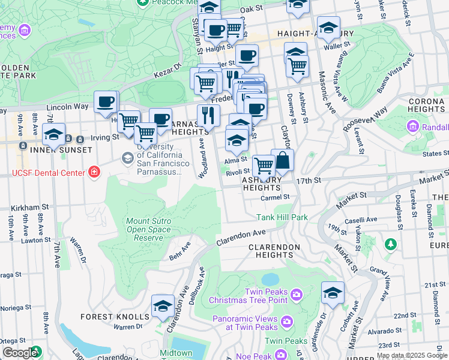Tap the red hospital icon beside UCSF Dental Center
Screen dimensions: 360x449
[93, 173]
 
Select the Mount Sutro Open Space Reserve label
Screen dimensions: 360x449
[148, 229]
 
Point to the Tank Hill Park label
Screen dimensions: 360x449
[282, 217]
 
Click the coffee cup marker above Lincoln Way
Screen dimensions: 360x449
[106, 103]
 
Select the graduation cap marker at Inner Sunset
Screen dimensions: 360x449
[53, 135]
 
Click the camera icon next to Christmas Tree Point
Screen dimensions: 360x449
[295, 294]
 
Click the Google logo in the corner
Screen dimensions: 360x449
[20, 353]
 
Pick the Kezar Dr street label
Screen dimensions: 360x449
[169, 70]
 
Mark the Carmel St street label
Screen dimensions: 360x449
[275, 197]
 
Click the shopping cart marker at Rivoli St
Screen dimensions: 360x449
[263, 165]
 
